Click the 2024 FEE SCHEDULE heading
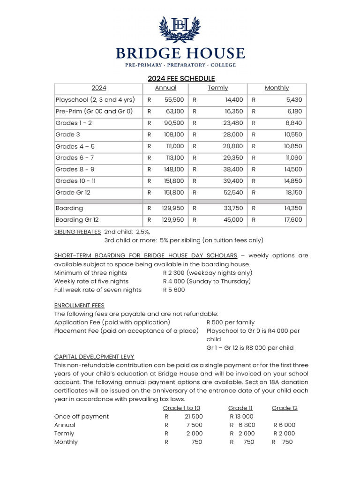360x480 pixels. pyautogui.click(x=181, y=78)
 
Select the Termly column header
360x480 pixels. pyautogui.click(x=217, y=88)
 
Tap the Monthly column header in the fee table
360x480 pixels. pyautogui.click(x=277, y=88)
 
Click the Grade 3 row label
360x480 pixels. pyautogui.click(x=68, y=135)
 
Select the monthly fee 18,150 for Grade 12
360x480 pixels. pyautogui.click(x=292, y=193)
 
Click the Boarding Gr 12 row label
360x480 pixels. pyautogui.click(x=77, y=220)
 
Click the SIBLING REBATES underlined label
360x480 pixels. pyautogui.click(x=77, y=232)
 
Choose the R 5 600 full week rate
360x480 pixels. pyautogui.click(x=174, y=290)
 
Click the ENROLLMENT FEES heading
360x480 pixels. pyautogui.click(x=79, y=305)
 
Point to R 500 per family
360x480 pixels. pyautogui.click(x=231, y=322)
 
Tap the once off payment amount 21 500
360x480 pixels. pyautogui.click(x=194, y=416)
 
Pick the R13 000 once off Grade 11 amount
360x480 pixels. pyautogui.click(x=241, y=416)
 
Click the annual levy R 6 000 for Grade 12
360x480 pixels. pyautogui.click(x=284, y=425)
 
